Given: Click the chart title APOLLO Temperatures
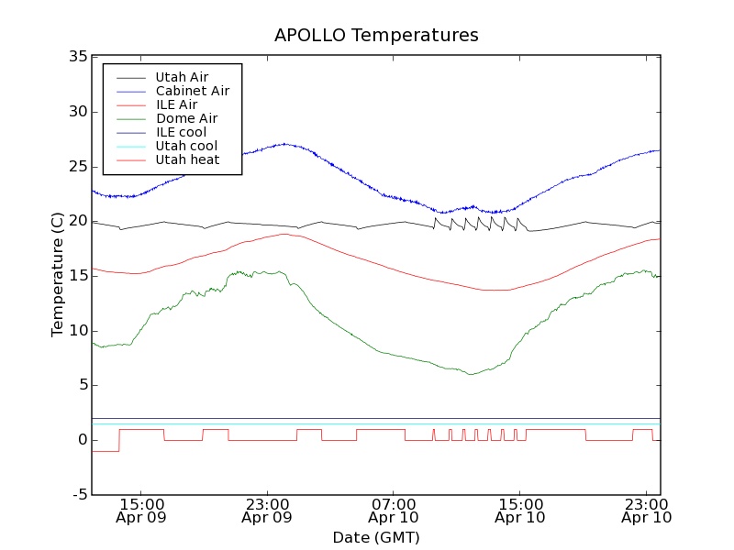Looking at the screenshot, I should click(x=376, y=36).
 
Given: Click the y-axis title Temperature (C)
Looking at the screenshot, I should click(x=58, y=275).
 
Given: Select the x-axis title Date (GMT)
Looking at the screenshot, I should click(x=376, y=537).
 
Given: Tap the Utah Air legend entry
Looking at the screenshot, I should click(x=182, y=77).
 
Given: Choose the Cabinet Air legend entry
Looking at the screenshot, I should click(x=192, y=91).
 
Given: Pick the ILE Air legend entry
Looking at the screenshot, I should click(x=176, y=104).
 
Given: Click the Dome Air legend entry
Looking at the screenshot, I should click(x=186, y=118).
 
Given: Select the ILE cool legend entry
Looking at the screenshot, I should click(x=181, y=132).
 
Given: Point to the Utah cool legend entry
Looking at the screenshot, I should click(x=186, y=146).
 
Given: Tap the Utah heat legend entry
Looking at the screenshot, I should click(x=187, y=159).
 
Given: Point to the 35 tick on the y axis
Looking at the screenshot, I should click(x=77, y=57).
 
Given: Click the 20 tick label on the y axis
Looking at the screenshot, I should click(x=77, y=221).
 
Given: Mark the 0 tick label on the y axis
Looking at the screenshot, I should click(x=82, y=440).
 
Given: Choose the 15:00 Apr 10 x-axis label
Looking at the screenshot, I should click(x=519, y=510).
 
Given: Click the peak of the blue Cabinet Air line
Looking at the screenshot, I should click(x=285, y=143).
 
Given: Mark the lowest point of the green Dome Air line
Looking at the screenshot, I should click(x=471, y=374).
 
